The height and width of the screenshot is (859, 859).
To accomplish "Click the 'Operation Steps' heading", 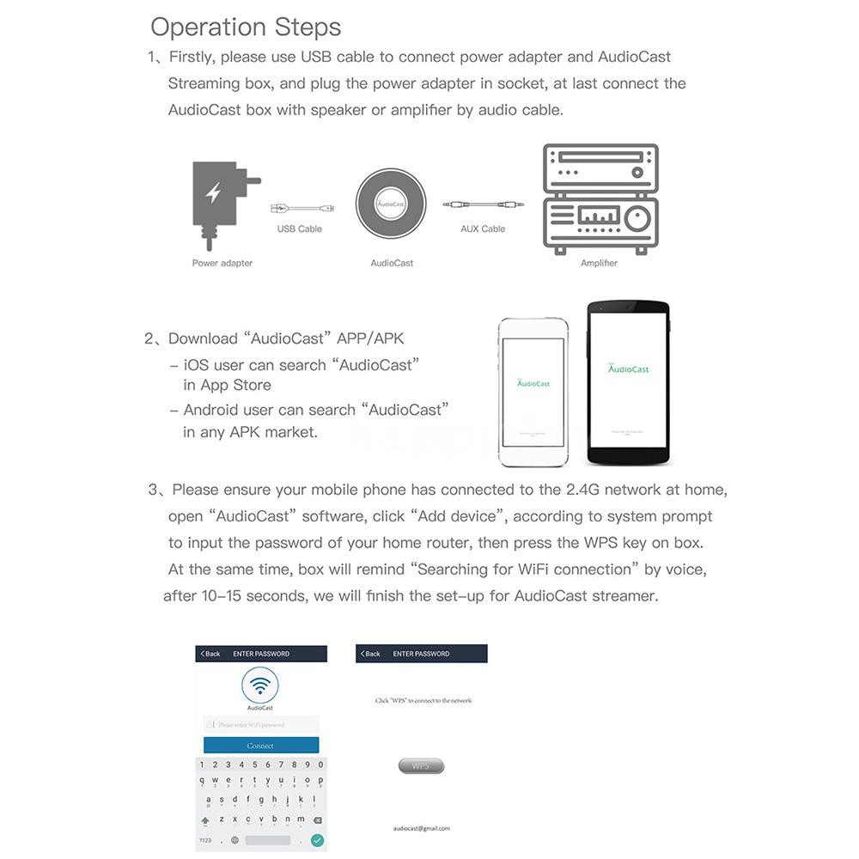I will pos(246,27).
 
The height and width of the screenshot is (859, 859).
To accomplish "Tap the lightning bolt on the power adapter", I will pos(214,193).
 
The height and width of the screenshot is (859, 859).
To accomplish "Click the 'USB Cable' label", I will pos(299,229).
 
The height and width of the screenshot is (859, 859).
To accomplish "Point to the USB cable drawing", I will pos(302,208).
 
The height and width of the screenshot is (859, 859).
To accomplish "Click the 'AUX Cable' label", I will pos(483,229).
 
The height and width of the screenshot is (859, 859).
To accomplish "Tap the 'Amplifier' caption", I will pos(599,263).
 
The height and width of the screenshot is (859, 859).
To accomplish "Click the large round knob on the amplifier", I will pos(637,219).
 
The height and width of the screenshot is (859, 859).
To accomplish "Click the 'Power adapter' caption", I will pos(222,263).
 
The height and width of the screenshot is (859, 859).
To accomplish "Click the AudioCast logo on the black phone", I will pos(628,369).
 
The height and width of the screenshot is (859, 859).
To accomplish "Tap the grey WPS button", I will pos(421,765).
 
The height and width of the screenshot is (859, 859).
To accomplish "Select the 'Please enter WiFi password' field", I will pos(261,725).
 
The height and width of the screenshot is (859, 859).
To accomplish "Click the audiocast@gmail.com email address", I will pos(421,829).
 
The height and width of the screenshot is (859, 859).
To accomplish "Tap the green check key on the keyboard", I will pos(317,839).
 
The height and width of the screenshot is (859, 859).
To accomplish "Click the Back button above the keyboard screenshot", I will pos(210,654).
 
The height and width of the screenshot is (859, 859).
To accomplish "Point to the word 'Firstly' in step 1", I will pos(193,57).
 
